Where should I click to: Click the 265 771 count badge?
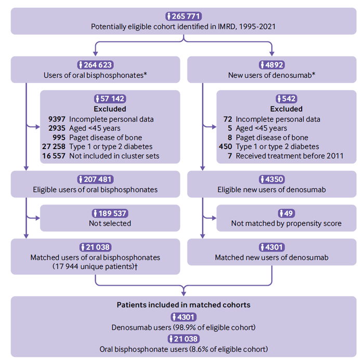coord(184,16)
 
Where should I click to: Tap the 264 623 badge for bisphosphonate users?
coord(95,65)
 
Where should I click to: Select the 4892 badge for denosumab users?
coord(271,65)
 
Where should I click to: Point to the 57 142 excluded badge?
coord(110,99)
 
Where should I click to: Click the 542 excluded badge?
coord(287,99)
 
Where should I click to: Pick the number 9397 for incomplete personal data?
coord(57,119)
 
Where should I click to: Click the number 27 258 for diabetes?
coord(54,146)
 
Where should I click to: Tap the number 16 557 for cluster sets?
coord(54,156)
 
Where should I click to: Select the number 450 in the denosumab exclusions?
coord(225,146)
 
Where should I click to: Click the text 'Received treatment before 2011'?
coord(290,156)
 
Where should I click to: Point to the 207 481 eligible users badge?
coord(95,179)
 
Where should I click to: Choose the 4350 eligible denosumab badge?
coord(271,179)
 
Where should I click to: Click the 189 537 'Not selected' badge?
coord(110,213)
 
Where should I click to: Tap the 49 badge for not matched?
coord(287,213)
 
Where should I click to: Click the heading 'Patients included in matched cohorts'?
coord(184,305)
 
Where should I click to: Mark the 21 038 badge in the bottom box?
coord(184,339)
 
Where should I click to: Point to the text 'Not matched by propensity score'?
coord(287,223)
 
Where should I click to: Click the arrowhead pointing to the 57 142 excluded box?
coord(37,127)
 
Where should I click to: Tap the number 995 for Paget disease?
coord(59,138)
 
